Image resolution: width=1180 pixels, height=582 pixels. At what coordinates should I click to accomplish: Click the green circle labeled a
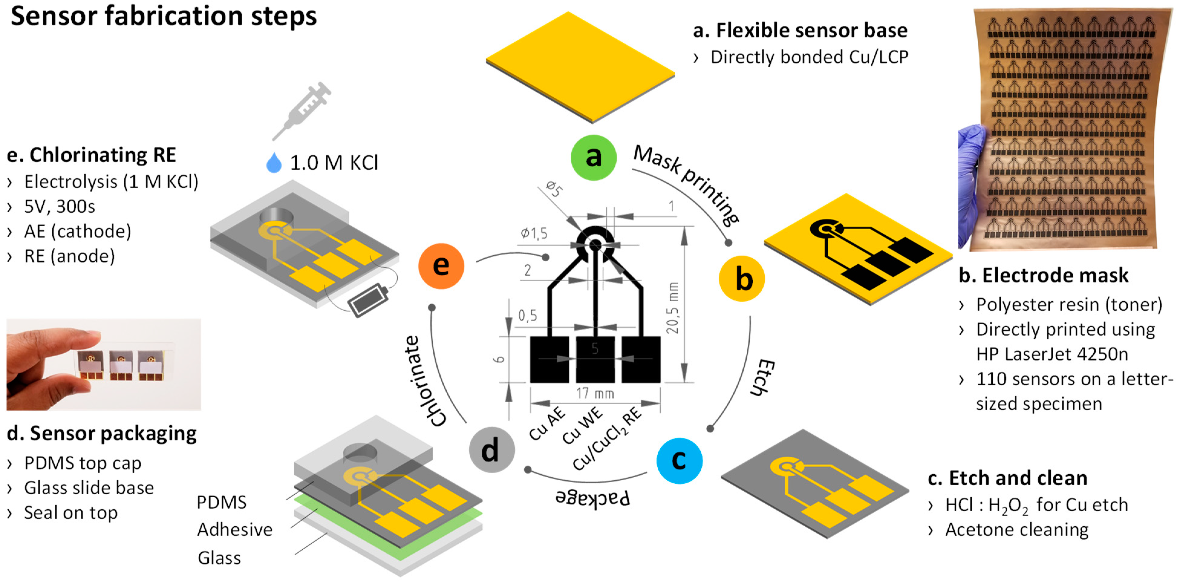coord(593,157)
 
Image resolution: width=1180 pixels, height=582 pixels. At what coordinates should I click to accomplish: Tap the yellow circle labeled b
coord(742,279)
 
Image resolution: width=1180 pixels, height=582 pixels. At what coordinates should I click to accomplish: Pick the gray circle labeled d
coord(491,450)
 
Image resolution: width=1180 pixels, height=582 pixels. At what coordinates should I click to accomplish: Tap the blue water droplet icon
coord(274,163)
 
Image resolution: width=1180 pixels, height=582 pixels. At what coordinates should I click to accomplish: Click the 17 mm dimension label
coord(595,393)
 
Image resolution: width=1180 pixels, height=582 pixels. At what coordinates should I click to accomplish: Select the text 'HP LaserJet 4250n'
coord(1052,354)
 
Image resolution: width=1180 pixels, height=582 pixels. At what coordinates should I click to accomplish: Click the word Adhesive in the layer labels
coord(235,530)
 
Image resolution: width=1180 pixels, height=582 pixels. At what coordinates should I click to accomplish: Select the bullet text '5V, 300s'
coord(60,207)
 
